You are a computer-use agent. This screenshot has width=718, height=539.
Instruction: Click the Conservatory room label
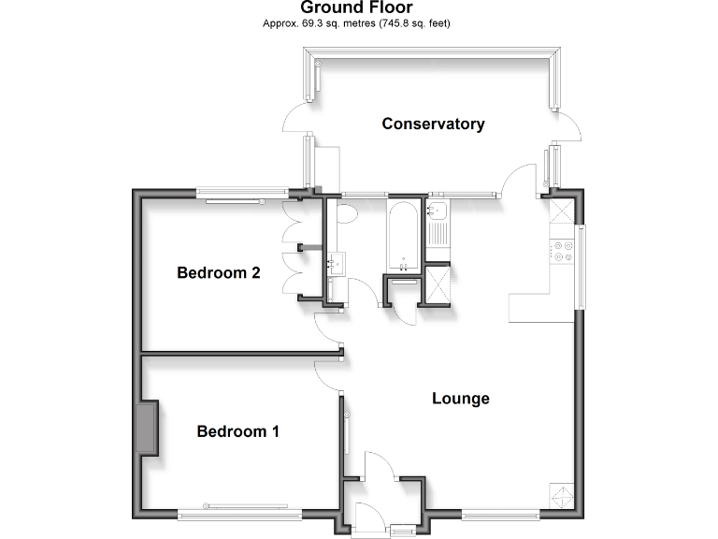click(x=433, y=124)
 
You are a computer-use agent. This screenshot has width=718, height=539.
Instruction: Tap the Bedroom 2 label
click(x=219, y=273)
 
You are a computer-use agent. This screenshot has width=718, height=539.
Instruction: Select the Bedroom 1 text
click(x=237, y=431)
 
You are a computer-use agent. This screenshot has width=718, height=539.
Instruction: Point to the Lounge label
click(x=461, y=399)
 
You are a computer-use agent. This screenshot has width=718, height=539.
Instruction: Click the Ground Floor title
click(x=356, y=7)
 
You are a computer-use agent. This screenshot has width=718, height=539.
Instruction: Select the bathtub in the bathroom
click(x=403, y=234)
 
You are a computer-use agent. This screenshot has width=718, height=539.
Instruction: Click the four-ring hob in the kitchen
click(x=564, y=250)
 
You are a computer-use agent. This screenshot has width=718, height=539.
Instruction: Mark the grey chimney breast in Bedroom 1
click(x=147, y=428)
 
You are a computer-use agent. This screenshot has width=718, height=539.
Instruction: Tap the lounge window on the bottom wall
click(x=500, y=513)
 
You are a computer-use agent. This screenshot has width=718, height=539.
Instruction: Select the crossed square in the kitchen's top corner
click(x=563, y=211)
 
